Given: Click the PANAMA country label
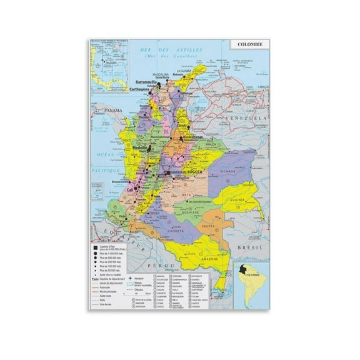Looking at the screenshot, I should click(113, 110).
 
